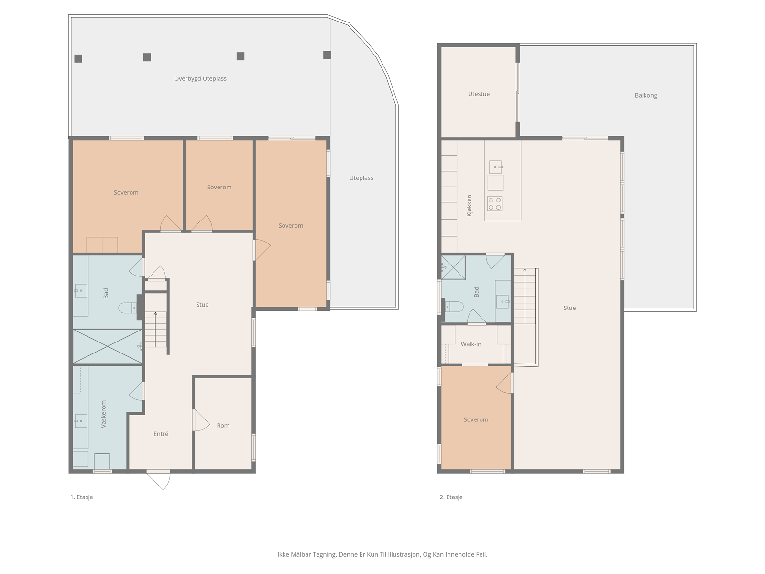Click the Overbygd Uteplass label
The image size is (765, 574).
(200, 79)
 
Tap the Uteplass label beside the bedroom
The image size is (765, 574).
(361, 178)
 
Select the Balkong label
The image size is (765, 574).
(646, 96)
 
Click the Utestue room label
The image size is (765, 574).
(479, 94)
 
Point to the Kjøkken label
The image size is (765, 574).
(469, 206)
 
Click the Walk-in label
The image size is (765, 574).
(471, 344)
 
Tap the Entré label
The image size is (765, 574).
(161, 434)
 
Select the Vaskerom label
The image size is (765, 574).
(103, 414)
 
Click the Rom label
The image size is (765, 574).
(223, 426)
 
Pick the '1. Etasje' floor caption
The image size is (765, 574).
(82, 497)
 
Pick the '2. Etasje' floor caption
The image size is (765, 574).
(451, 497)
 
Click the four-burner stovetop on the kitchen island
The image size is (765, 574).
(494, 204)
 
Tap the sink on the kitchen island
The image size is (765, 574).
(495, 167)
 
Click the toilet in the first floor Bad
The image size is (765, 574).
(128, 308)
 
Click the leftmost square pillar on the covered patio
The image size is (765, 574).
(78, 58)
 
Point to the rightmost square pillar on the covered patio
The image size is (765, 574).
(327, 55)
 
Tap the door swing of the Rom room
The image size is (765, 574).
(201, 420)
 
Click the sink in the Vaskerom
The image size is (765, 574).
(80, 421)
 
